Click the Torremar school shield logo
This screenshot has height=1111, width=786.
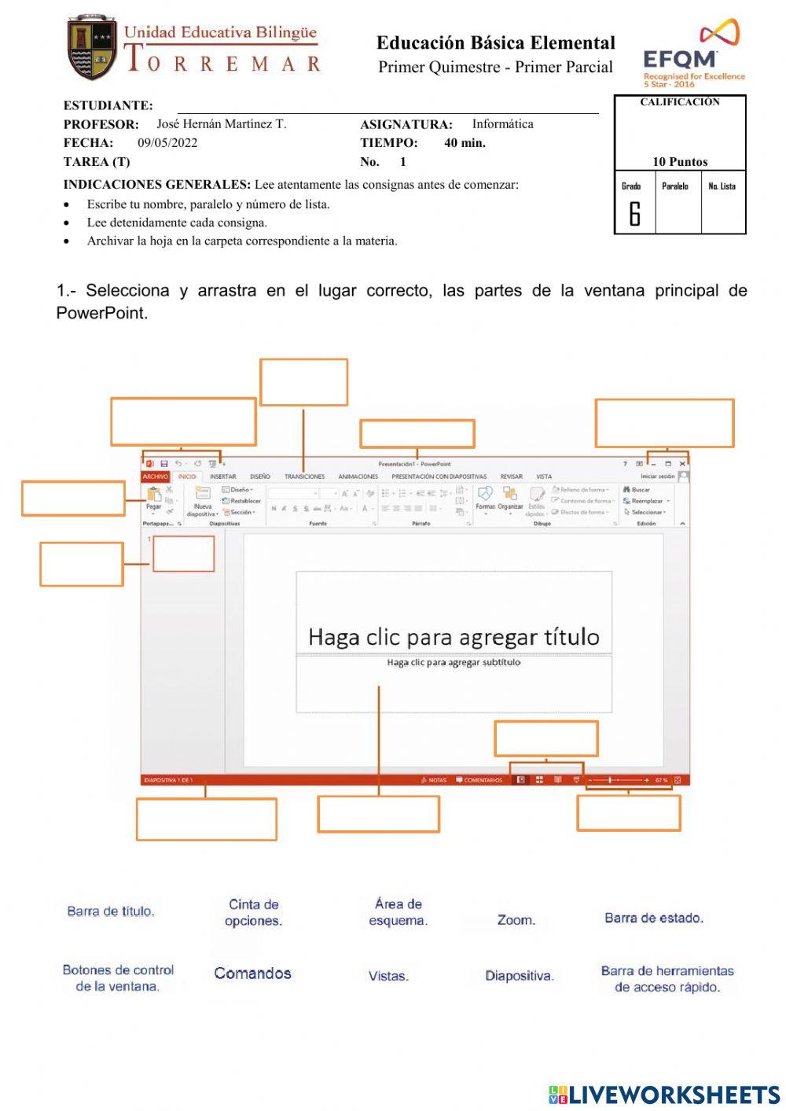[x=92, y=49]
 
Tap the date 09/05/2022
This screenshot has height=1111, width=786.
[x=167, y=143]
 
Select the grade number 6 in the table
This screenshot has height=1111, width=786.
[x=634, y=214]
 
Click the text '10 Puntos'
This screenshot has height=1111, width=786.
[x=679, y=162]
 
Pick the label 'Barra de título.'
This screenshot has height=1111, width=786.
[x=111, y=911]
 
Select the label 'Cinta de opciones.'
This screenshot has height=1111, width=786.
[x=253, y=913]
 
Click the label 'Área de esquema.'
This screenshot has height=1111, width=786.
[x=399, y=912]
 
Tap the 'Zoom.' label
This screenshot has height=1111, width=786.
[x=516, y=920]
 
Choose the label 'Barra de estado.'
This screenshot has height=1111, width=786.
[x=653, y=918]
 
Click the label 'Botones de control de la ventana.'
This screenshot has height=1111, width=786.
[x=118, y=978]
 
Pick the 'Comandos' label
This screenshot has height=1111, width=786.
[x=252, y=973]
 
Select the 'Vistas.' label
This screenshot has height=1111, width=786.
[x=388, y=977]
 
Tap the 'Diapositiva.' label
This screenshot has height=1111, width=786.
[x=519, y=976]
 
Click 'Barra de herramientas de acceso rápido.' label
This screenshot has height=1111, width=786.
[x=667, y=979]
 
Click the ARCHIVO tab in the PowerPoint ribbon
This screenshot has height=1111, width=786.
[x=155, y=476]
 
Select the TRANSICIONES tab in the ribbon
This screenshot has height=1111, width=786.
[x=304, y=476]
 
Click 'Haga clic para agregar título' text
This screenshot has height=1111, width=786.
[x=454, y=637]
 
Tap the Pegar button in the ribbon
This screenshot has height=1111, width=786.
[x=154, y=498]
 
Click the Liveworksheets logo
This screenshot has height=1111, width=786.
[x=664, y=1094]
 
